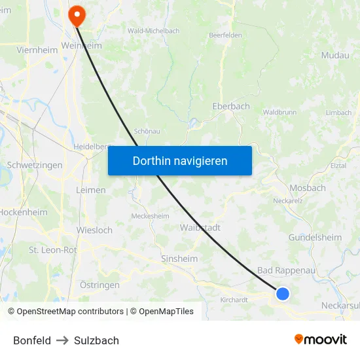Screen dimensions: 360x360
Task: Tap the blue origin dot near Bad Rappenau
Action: (283, 294)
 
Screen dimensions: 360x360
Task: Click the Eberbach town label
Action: (231, 106)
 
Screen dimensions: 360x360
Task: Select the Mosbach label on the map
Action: (307, 188)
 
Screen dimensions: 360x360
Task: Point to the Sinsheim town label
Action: (179, 259)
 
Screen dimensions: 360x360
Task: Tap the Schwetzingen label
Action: (35, 165)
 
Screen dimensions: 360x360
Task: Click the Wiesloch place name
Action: (94, 230)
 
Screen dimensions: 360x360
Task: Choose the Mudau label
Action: (335, 56)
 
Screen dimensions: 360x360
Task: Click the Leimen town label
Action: (91, 190)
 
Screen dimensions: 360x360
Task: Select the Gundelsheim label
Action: (315, 238)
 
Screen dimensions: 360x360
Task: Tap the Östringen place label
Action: (99, 285)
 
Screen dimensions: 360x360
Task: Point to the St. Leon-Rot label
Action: (53, 250)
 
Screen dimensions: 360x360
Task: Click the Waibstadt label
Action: (200, 228)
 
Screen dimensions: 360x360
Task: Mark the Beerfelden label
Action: (225, 35)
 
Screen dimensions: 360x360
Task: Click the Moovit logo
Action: (320, 340)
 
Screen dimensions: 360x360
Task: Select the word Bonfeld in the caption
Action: (32, 340)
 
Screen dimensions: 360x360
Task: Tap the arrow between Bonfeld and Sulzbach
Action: (62, 340)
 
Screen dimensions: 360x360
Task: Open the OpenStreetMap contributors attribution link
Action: (69, 312)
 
